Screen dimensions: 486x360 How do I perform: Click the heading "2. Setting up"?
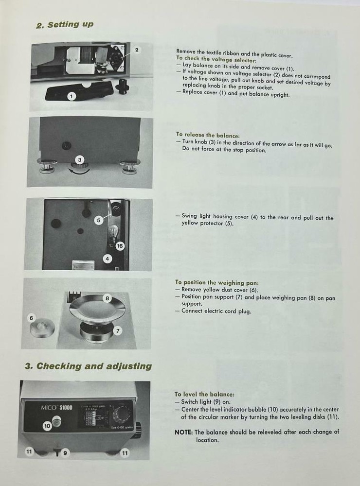[65, 25]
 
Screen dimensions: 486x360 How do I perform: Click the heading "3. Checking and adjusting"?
[88, 366]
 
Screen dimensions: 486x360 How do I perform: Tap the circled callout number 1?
[71, 96]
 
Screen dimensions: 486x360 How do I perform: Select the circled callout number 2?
[137, 50]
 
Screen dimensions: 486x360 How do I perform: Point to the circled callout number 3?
[80, 159]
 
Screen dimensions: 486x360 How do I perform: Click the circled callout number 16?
[120, 246]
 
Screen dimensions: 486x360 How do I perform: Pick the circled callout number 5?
[98, 220]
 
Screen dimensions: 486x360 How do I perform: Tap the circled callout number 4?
[108, 259]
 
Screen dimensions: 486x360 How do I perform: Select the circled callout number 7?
[118, 330]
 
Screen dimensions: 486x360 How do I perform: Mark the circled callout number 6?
[31, 318]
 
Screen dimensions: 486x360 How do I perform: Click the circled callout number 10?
[47, 426]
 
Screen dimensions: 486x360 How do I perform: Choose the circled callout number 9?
[65, 453]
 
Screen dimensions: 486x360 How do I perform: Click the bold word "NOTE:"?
[183, 432]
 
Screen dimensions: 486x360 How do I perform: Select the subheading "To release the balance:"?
[208, 135]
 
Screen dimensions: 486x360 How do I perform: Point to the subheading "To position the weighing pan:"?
[216, 282]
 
